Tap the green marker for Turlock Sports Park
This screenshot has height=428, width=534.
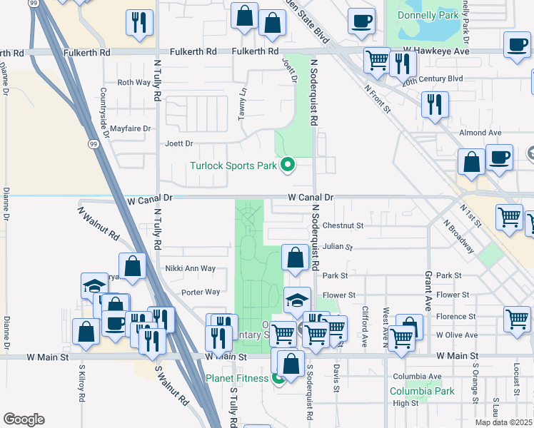pos(288,165)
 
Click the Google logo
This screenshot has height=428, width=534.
pos(24,419)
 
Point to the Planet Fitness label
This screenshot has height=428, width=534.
pos(238,378)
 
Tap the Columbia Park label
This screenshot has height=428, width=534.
pos(422,391)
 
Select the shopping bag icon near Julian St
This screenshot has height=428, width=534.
pos(295,257)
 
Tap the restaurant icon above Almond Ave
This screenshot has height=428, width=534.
pos(433,104)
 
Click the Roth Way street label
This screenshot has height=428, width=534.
pos(134,83)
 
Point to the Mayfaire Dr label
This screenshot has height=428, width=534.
pos(132,129)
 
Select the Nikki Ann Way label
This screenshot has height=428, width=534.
pos(191,269)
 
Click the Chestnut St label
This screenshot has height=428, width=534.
pos(343,225)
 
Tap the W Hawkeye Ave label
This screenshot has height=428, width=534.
pos(435,51)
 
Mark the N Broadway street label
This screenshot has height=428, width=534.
pos(458,236)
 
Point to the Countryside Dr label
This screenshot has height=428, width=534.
pos(104,108)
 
